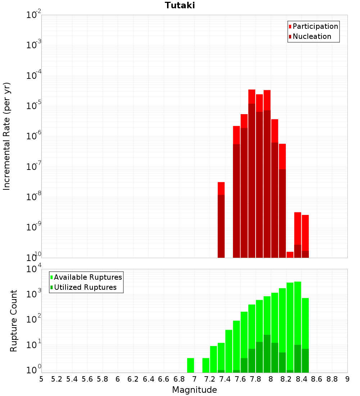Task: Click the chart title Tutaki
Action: coord(180,5)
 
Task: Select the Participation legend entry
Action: coord(315,26)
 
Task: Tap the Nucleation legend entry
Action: coord(311,36)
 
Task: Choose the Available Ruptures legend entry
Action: coord(87,277)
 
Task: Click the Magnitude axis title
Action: coord(194,390)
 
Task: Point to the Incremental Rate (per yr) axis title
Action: coord(7,136)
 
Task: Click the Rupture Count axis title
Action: coord(14,320)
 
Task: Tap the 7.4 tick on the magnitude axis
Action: coord(225,379)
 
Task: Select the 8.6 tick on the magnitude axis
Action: coord(317,379)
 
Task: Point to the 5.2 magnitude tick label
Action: coord(57,379)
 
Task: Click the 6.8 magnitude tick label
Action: coord(179,379)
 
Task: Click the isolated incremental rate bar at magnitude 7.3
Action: coord(221,220)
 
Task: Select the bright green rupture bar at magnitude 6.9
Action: coord(190,365)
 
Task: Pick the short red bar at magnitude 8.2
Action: coord(290,255)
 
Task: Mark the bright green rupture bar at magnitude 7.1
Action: coord(206,365)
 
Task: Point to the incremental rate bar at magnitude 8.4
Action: coord(305,236)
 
